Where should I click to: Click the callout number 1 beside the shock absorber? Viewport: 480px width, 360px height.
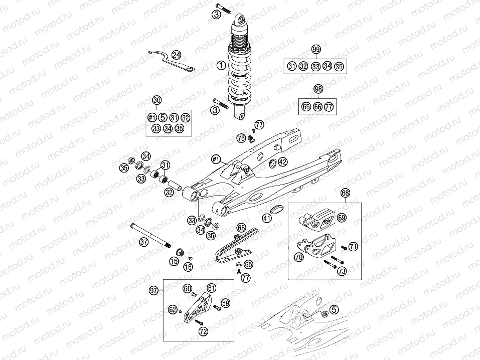(220, 65)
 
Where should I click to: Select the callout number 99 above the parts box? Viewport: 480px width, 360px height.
(315, 49)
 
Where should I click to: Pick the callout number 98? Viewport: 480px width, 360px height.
(317, 89)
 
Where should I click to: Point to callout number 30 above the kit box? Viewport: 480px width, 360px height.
(157, 100)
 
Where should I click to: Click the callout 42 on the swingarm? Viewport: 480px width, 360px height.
(283, 162)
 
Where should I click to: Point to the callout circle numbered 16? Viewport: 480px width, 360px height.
(188, 267)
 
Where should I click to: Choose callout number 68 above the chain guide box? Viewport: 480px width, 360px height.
(345, 193)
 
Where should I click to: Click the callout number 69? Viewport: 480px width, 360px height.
(342, 217)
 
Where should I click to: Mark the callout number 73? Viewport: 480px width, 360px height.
(342, 271)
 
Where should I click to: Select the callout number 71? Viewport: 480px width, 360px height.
(354, 246)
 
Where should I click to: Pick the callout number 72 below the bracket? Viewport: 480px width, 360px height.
(203, 332)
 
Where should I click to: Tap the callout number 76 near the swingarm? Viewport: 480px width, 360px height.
(241, 138)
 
